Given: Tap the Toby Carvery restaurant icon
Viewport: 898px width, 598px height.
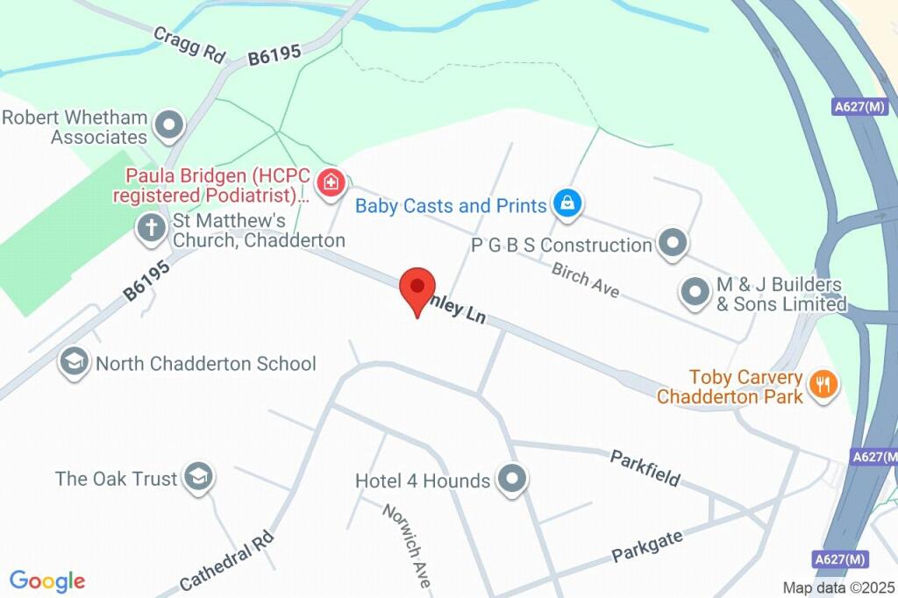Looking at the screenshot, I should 823,385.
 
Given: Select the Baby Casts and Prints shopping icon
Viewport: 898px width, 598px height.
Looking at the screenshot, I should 567,205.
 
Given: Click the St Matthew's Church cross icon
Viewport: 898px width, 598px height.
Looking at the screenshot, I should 151,229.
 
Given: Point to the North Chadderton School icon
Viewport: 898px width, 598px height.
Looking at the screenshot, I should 75,362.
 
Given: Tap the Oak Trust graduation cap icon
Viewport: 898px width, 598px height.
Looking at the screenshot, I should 201,478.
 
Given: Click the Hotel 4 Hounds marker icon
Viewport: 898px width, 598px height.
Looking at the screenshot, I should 510,480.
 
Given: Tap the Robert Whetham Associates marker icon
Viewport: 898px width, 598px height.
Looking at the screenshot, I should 167,126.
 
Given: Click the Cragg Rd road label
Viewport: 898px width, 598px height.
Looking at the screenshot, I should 190,43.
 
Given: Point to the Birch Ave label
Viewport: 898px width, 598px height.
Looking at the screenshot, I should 586,280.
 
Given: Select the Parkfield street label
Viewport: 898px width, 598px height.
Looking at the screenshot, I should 645,467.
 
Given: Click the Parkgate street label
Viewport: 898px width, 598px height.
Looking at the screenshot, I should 647,547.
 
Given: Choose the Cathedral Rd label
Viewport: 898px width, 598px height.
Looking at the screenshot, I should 227,561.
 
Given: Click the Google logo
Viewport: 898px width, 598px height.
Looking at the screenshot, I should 47,581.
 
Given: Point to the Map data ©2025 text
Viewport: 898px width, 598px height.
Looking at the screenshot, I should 838,587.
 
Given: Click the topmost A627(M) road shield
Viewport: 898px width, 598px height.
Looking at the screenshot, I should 860,107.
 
